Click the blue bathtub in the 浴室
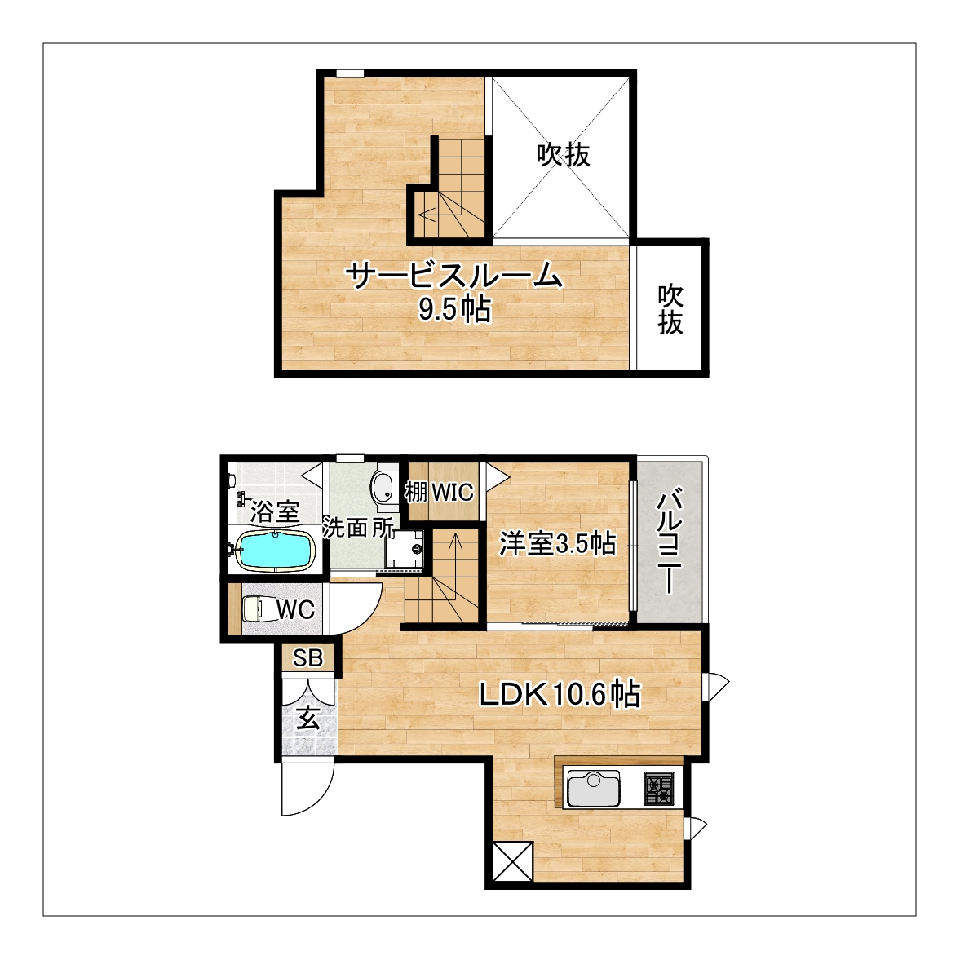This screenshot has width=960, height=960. [x=275, y=551]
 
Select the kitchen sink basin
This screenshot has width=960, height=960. [x=593, y=789]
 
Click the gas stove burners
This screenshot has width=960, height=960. [x=659, y=789]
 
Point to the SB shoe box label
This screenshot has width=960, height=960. [x=308, y=657]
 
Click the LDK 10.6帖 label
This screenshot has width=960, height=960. [x=560, y=695]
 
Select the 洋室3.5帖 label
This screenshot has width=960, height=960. [x=557, y=543]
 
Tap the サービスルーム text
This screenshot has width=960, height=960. [x=454, y=276]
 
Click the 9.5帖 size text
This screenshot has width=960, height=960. [x=454, y=310]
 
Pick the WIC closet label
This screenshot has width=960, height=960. [x=453, y=493]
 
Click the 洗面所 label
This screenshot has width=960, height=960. [x=359, y=528]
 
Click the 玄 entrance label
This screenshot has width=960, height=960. [x=308, y=719]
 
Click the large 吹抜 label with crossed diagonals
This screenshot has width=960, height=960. [x=564, y=155]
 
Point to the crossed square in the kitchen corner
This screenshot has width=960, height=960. [x=513, y=861]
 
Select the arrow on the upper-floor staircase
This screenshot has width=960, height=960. [x=436, y=215]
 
